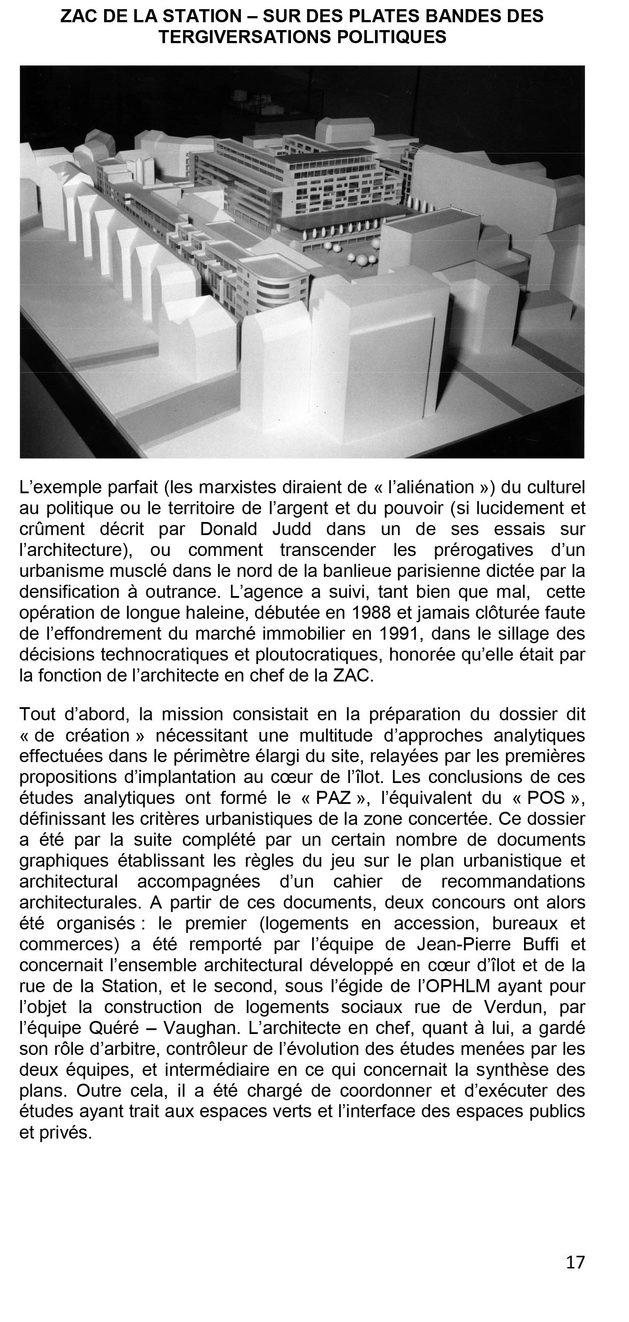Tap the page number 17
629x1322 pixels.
coord(575,1261)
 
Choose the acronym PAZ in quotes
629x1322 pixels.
coord(333,798)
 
